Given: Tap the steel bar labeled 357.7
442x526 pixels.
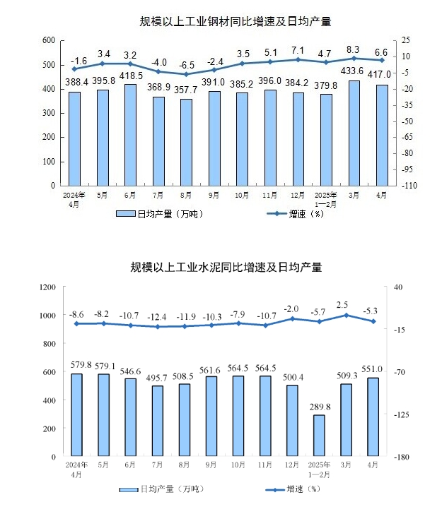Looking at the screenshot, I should (x=187, y=142).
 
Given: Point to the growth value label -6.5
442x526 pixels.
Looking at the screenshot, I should (x=187, y=64).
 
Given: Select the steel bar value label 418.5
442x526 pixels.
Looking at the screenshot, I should (x=131, y=76).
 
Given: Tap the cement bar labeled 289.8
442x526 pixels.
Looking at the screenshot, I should (x=319, y=436).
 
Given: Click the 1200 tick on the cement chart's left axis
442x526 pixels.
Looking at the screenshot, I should (x=47, y=287).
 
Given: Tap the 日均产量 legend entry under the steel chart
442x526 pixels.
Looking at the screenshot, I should (x=161, y=214).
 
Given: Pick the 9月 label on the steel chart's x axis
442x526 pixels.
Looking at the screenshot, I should (x=214, y=196).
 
